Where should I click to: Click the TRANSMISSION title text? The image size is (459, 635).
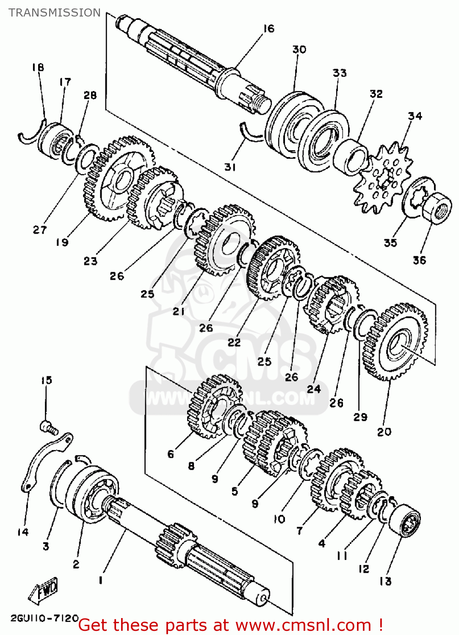coord(55,13)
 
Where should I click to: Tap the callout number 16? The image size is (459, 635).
coord(269,29)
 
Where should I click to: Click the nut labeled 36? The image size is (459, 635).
coord(437,207)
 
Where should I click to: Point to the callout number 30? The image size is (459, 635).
coord(299,50)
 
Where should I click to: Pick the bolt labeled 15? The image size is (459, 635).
coord(49,427)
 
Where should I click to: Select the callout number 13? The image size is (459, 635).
coord(385,581)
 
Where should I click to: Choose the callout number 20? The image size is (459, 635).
coord(384,432)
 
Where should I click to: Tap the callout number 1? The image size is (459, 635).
coord(100,580)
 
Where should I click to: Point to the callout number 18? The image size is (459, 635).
coord(38,67)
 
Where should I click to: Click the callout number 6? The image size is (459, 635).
coord(171,454)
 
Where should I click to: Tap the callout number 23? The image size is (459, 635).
coord(90,261)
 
